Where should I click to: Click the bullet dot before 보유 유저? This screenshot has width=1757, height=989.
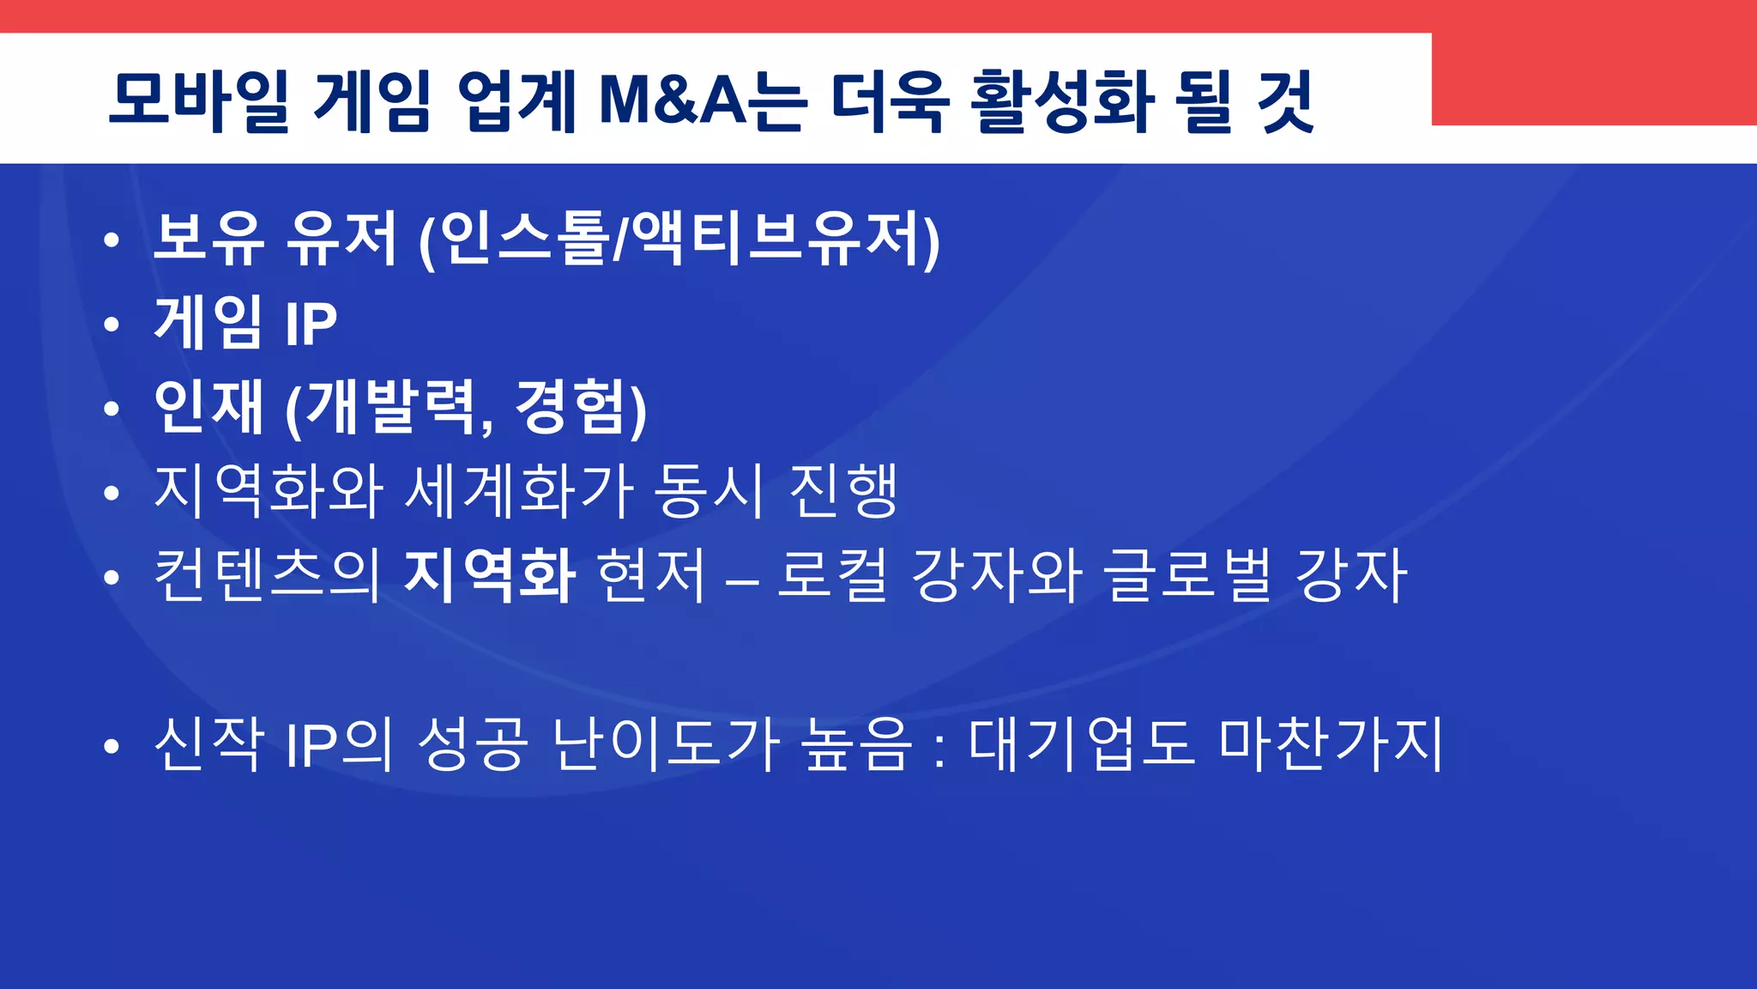tap(112, 241)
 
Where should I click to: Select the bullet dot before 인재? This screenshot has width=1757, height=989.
tap(112, 409)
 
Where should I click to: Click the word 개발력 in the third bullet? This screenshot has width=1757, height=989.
tap(391, 408)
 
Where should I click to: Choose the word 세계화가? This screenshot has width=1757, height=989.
tap(519, 491)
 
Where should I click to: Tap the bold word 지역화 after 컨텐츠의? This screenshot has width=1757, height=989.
tap(489, 575)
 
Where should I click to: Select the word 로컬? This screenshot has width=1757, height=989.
tap(832, 575)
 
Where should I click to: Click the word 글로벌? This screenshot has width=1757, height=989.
tap(1187, 575)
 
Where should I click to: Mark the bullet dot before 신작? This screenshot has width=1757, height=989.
tap(112, 746)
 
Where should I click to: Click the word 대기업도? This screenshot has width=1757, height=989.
tap(1080, 743)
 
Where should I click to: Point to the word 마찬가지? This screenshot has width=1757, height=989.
tap(1331, 743)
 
